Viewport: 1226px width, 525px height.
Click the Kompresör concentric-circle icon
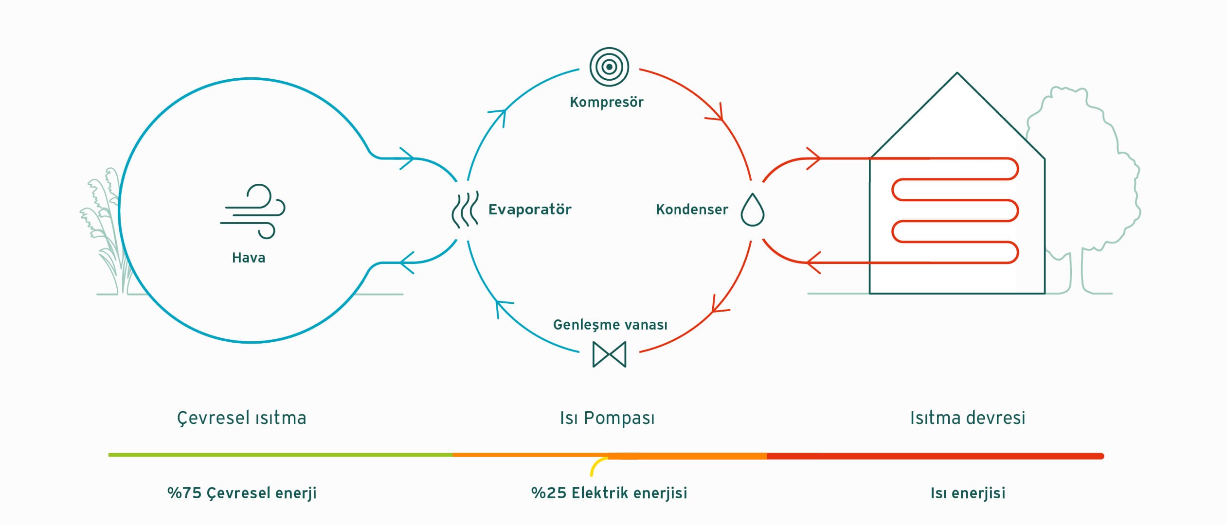609,67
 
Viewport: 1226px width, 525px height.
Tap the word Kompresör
607,102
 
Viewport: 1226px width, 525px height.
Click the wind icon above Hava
252,211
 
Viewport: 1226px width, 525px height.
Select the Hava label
249,258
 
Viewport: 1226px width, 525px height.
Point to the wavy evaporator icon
465,210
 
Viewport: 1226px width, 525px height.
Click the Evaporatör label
530,210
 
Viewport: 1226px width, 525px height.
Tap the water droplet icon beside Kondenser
753,210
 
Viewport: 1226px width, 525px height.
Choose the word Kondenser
692,210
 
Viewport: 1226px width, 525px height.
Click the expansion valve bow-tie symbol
609,354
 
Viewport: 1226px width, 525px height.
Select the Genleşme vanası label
610,325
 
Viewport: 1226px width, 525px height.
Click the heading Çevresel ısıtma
242,418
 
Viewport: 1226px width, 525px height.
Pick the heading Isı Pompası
607,418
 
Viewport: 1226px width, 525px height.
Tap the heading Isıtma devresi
968,418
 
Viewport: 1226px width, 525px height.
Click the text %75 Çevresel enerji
242,493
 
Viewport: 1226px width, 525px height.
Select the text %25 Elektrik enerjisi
609,493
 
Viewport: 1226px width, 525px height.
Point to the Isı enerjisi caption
968,493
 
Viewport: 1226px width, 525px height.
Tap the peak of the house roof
957,73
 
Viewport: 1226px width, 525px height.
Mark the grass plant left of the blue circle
105,228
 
